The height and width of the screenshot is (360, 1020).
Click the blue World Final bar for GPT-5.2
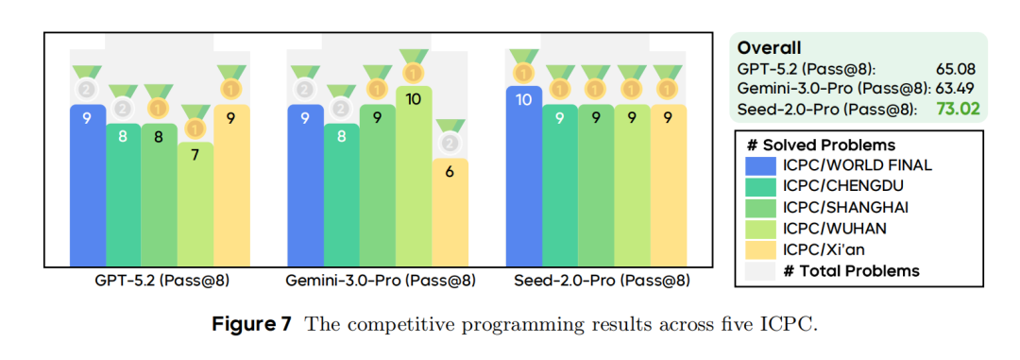(x=87, y=185)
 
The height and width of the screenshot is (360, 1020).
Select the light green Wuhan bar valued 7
(x=195, y=204)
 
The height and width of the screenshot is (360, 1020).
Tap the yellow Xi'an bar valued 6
(x=450, y=213)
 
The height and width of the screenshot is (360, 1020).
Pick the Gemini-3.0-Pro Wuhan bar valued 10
(x=414, y=176)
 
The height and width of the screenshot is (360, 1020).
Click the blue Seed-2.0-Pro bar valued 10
(x=523, y=176)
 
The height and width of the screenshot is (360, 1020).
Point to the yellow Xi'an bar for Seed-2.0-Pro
(x=669, y=185)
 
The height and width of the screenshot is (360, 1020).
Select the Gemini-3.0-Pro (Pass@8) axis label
(x=380, y=282)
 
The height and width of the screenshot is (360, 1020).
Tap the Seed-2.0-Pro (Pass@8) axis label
(x=602, y=282)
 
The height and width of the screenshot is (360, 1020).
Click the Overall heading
(x=769, y=47)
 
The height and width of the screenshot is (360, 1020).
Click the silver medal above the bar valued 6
(x=450, y=138)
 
